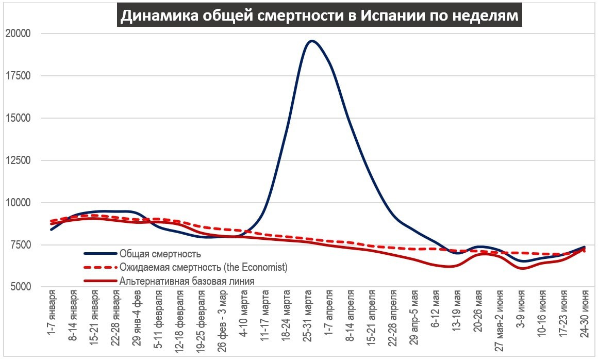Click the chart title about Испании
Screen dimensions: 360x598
click(x=319, y=16)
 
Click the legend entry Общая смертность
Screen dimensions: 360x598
click(x=160, y=254)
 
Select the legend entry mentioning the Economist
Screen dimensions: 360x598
click(x=203, y=267)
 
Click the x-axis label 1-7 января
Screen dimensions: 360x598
click(x=52, y=317)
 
